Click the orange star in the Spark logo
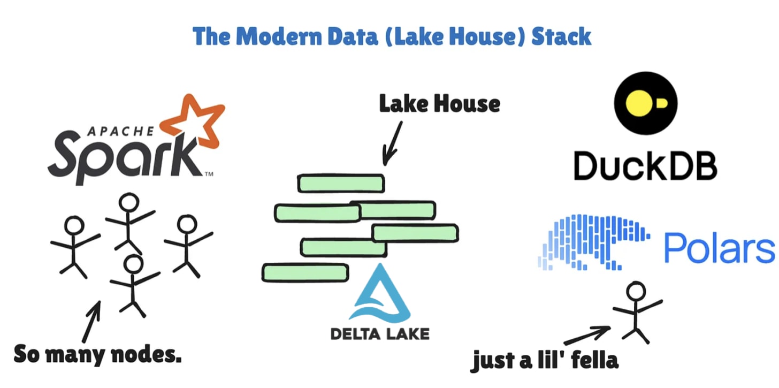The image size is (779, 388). pos(196,123)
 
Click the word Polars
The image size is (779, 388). pos(719,248)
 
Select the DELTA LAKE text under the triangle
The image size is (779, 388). pos(380,333)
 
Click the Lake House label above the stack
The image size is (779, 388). pos(439,103)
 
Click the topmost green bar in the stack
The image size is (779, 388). pos(341,184)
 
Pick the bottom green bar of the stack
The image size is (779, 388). pos(305,273)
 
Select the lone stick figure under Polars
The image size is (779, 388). pos(636,313)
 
